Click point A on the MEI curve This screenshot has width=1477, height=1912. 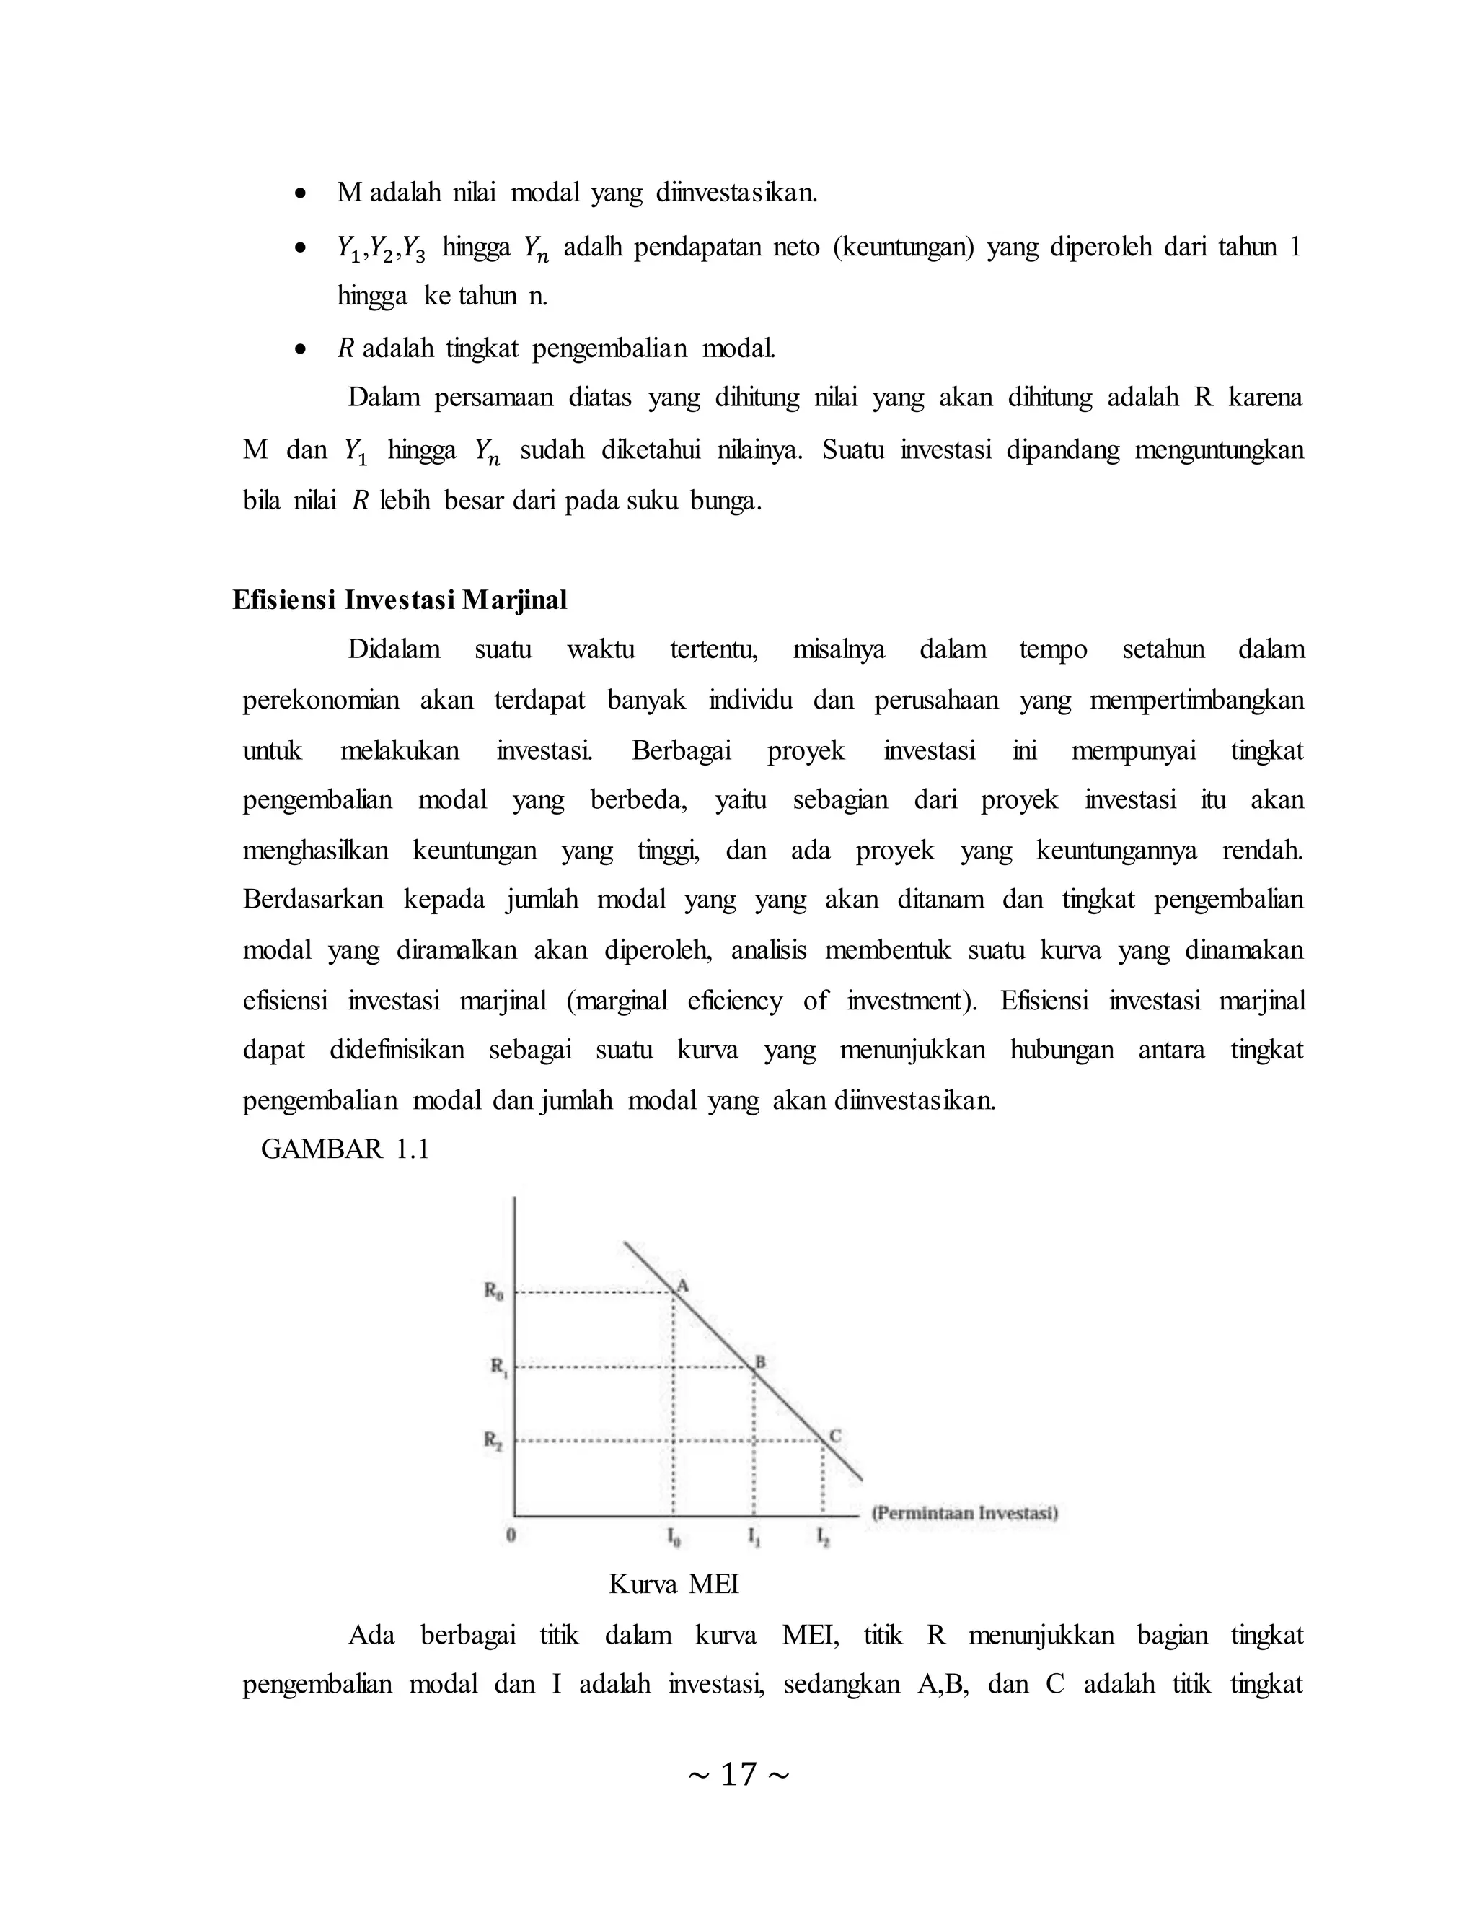tap(674, 1292)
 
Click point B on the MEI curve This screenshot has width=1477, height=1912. tap(754, 1367)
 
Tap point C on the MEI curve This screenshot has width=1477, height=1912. tap(822, 1440)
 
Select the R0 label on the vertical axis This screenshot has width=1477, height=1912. tap(493, 1291)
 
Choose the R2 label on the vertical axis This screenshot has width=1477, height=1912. tap(493, 1440)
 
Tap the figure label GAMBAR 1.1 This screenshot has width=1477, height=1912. tap(345, 1149)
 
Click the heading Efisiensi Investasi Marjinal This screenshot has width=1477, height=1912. tap(400, 600)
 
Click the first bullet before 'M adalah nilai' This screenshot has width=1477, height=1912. tap(300, 193)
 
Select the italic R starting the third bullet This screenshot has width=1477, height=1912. tap(345, 349)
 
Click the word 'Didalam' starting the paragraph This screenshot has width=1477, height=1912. tap(394, 649)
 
